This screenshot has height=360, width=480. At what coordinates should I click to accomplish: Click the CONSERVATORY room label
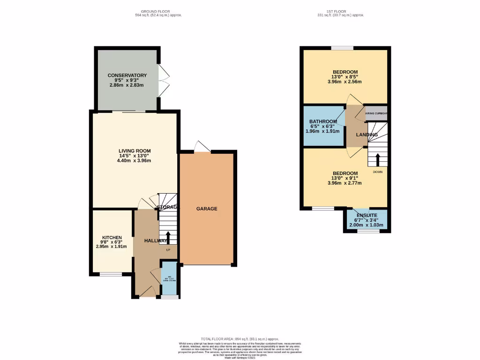click(x=127, y=75)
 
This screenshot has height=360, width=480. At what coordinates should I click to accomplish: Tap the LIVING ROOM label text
click(x=134, y=151)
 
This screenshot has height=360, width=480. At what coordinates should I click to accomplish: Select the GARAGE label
click(x=207, y=209)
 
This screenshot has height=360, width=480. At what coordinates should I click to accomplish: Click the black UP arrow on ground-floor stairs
click(x=168, y=237)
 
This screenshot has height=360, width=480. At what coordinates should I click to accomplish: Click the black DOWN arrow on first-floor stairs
click(x=377, y=159)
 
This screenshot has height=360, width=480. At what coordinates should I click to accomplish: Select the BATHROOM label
click(x=323, y=122)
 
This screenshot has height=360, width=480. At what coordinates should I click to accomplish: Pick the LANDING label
click(x=367, y=135)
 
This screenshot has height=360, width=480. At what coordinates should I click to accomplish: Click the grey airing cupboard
click(x=376, y=113)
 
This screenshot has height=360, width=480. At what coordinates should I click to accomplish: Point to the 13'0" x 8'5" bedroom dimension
click(x=345, y=77)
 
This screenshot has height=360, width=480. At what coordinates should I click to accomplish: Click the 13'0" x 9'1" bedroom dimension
click(x=345, y=178)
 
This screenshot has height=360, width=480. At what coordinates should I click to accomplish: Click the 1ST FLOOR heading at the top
click(x=340, y=11)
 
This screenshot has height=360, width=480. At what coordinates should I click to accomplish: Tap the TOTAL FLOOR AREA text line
click(x=240, y=339)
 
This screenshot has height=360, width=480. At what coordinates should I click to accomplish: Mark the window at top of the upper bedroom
click(x=343, y=48)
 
